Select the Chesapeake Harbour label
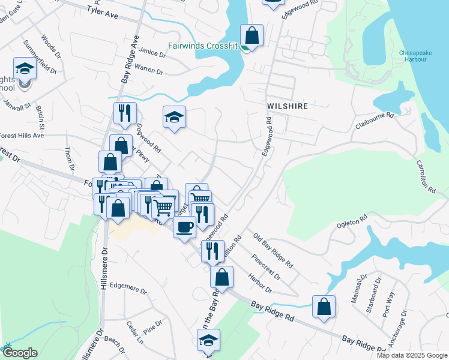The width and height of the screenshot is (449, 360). (415, 56)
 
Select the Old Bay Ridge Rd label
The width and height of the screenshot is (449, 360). (273, 251)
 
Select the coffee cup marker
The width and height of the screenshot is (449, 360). (184, 227)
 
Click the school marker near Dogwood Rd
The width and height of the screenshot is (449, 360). (175, 117)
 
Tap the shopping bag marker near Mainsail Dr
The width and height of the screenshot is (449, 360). (324, 307)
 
